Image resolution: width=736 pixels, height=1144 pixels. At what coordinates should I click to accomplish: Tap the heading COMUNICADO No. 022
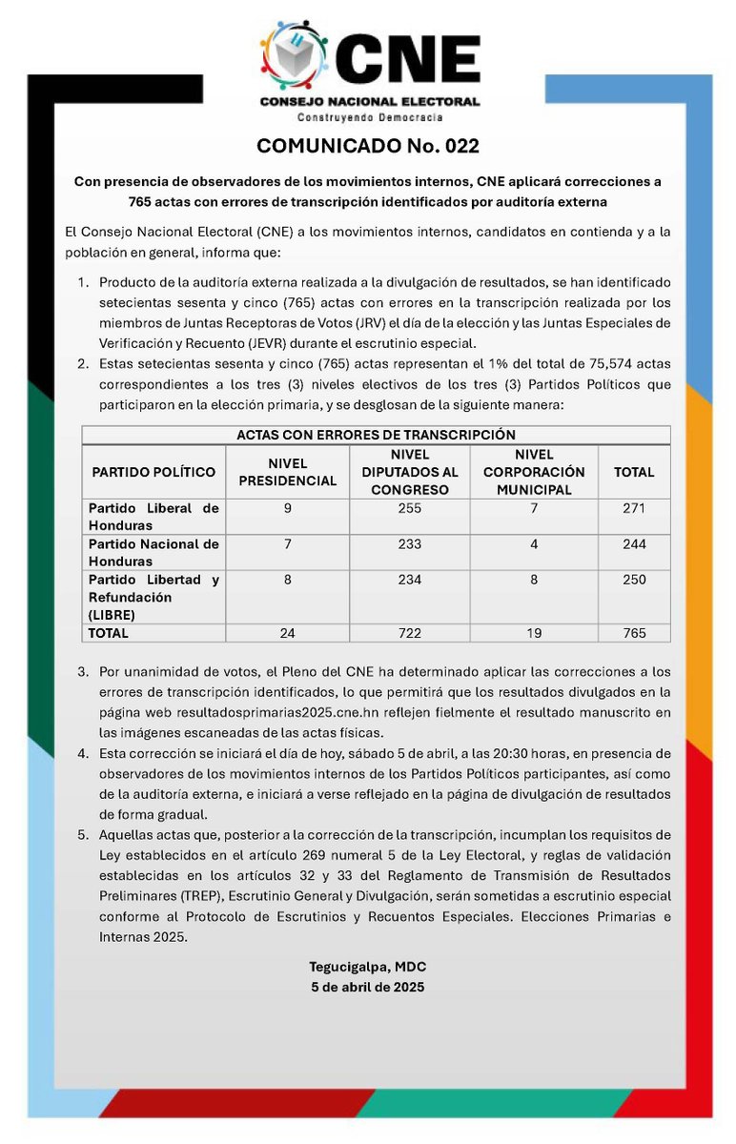(x=367, y=146)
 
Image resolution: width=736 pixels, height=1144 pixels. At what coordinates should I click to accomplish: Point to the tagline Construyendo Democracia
(x=369, y=116)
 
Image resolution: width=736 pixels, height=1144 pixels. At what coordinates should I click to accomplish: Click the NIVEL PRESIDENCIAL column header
(x=287, y=472)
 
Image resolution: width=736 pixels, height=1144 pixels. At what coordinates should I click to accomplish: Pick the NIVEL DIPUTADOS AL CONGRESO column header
(x=410, y=472)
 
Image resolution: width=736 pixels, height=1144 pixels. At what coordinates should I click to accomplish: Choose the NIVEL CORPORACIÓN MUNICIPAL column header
(x=533, y=472)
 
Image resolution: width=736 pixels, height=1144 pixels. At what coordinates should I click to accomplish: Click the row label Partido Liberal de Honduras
(x=153, y=517)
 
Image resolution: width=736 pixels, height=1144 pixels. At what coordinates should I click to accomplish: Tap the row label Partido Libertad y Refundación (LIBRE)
(x=153, y=597)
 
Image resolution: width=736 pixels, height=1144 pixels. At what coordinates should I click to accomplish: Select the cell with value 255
(x=410, y=509)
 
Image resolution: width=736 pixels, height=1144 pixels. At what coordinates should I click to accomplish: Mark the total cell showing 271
(x=634, y=509)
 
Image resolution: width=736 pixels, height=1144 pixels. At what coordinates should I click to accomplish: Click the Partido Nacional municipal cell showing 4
(x=533, y=544)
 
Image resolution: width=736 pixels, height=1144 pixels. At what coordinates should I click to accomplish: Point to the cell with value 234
(x=410, y=580)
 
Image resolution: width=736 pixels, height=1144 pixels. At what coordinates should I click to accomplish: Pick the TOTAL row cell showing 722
(x=410, y=633)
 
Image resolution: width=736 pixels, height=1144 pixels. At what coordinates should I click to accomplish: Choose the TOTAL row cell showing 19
(x=533, y=633)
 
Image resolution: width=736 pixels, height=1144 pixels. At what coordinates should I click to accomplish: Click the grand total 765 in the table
(x=634, y=633)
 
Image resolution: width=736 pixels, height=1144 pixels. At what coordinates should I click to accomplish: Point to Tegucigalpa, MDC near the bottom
(x=367, y=968)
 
